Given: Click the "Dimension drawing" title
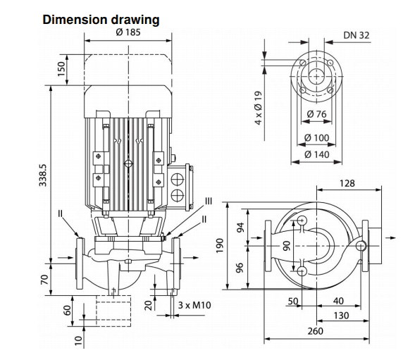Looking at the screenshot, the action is [x=101, y=20].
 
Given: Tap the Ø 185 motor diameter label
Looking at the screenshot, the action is [x=128, y=32].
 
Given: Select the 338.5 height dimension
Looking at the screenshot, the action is [x=43, y=175].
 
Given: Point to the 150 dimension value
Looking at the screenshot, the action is [x=61, y=69].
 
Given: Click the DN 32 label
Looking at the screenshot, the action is [x=356, y=35].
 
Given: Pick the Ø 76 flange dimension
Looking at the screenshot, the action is [x=316, y=114].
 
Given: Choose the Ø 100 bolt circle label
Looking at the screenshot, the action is [x=316, y=138].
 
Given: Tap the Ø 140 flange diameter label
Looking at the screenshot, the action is [x=316, y=154].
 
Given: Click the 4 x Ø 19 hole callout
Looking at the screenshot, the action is [x=259, y=108].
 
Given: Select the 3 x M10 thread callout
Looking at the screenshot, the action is [x=194, y=305].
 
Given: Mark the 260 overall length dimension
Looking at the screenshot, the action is [x=316, y=331].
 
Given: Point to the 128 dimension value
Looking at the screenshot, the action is [x=347, y=183].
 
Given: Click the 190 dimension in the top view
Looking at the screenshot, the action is [x=220, y=246].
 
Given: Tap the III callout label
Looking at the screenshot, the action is [x=209, y=201].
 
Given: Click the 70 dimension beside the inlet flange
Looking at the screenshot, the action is [x=44, y=280].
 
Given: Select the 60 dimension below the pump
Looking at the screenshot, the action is [x=68, y=311].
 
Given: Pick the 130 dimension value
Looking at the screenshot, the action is [x=341, y=316].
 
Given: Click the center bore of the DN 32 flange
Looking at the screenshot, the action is [x=316, y=77].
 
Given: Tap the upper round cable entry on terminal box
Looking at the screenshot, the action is [x=178, y=180].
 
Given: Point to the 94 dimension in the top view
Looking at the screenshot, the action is [x=240, y=228].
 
